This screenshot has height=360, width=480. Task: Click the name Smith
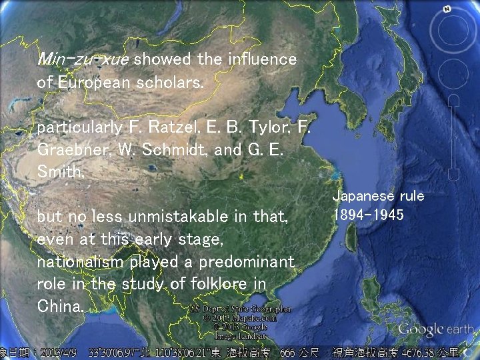[60, 172]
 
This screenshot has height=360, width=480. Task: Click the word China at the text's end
[59, 307]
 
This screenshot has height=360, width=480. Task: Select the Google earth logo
[435, 329]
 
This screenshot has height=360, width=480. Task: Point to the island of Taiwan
[351, 237]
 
